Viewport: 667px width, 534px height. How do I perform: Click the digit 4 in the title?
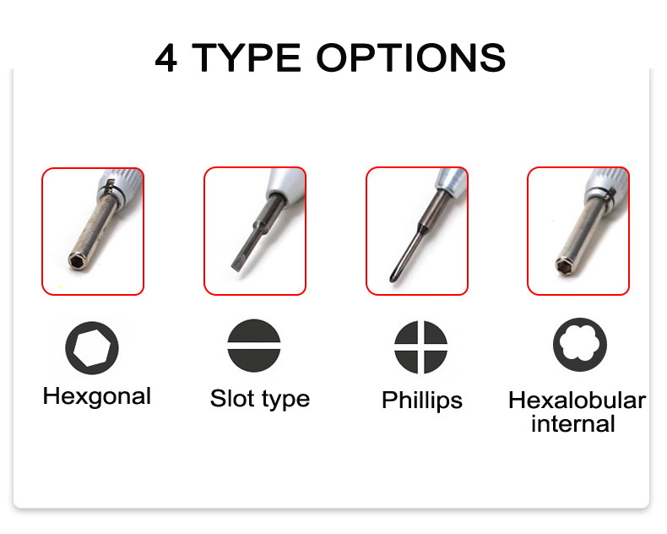point(165,58)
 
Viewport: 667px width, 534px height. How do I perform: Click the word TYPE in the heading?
point(247,58)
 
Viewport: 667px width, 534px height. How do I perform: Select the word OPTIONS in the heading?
point(411,58)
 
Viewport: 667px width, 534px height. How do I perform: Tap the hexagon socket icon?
point(92,348)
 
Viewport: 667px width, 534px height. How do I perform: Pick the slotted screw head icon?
point(254,346)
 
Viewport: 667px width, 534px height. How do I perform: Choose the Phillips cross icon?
point(420,347)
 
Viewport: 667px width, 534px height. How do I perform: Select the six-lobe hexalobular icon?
point(580,345)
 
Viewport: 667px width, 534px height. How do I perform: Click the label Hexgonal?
point(97,396)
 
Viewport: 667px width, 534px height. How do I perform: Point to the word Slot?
point(232,399)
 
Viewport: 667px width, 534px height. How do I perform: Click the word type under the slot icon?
point(285,400)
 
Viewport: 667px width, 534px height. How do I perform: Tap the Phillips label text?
point(422,400)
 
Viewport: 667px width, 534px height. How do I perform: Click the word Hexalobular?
point(578,400)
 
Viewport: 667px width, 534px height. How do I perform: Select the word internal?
point(573,423)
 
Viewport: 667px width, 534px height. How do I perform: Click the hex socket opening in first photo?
point(77,261)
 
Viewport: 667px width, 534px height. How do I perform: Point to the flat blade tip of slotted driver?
point(236,266)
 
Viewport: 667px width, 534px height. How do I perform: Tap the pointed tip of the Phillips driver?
point(393,280)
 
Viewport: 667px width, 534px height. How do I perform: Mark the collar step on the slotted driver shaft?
point(258,226)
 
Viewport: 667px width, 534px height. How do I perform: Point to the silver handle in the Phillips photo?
point(452,181)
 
